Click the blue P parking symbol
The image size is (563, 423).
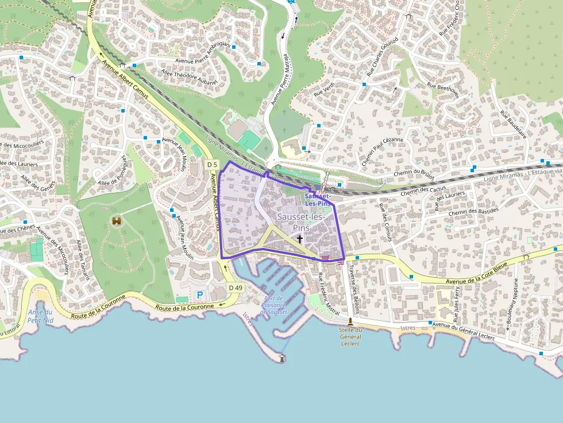point(200,295)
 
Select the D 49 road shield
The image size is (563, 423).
point(236,287)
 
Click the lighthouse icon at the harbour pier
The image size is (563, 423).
point(282,358)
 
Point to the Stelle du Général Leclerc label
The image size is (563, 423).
point(350,336)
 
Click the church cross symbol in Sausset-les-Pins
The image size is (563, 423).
point(299,239)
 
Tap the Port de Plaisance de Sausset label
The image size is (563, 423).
point(273,305)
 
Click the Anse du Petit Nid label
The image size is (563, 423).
point(40,316)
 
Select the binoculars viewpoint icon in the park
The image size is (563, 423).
point(117,221)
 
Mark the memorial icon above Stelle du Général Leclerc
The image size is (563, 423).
point(350,321)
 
